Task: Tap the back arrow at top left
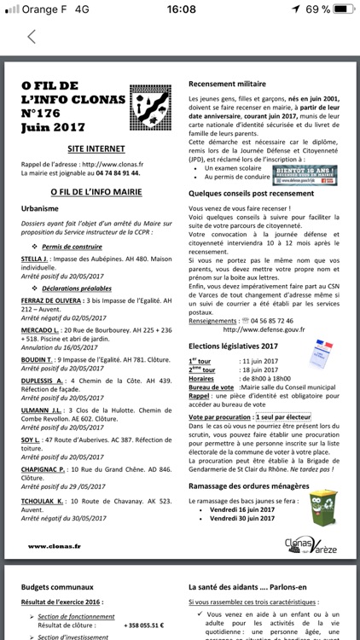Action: point(32,37)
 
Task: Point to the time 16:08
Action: point(180,9)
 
